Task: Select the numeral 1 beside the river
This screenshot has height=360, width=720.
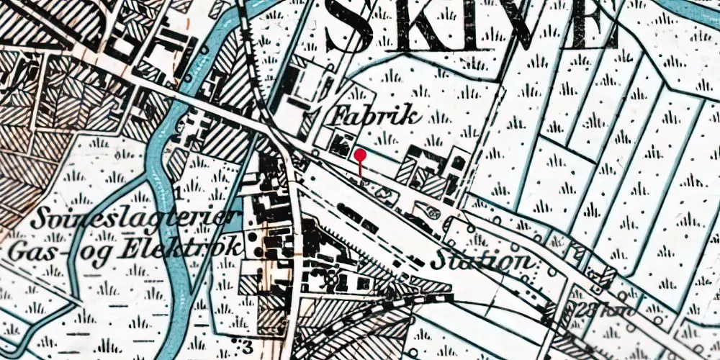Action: click(176, 193)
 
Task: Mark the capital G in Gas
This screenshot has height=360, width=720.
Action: click(16, 252)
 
